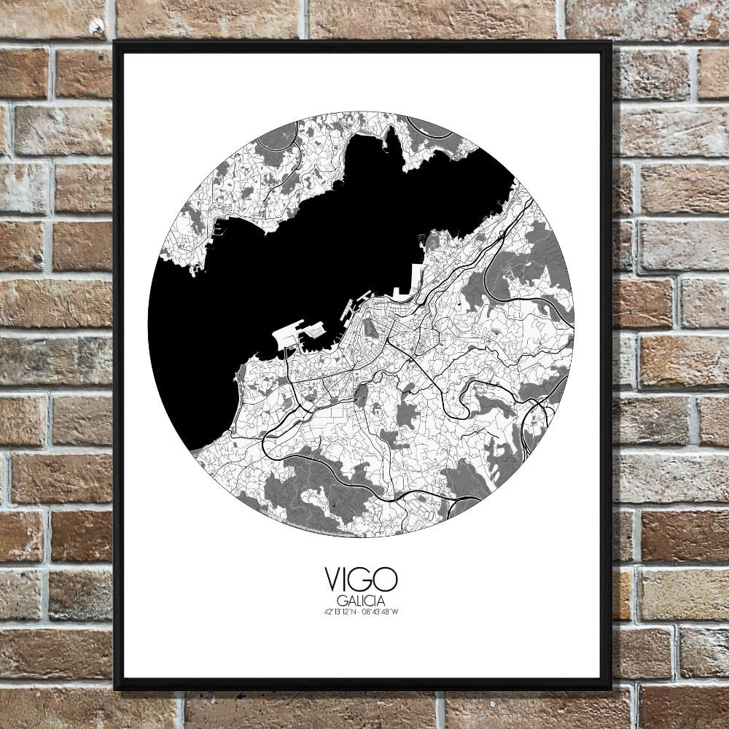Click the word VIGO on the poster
[361, 580]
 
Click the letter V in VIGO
[333, 580]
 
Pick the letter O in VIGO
[387, 580]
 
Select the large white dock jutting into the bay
[286, 335]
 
